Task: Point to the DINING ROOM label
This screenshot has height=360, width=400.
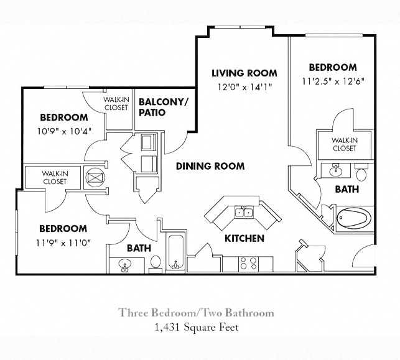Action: pyautogui.click(x=210, y=166)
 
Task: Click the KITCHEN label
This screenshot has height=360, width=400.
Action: pyautogui.click(x=244, y=238)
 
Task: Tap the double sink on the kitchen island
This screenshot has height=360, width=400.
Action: pyautogui.click(x=243, y=213)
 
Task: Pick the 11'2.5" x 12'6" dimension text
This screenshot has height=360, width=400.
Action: pyautogui.click(x=333, y=81)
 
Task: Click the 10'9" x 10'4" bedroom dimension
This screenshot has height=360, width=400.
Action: pyautogui.click(x=64, y=131)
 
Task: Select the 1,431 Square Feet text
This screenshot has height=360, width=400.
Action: pyautogui.click(x=196, y=326)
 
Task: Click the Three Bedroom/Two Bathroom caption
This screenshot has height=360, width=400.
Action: pyautogui.click(x=196, y=313)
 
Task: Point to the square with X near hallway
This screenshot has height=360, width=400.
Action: pyautogui.click(x=93, y=178)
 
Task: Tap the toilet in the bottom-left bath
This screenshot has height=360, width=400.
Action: pyautogui.click(x=156, y=263)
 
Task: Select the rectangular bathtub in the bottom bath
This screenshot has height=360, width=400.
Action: pyautogui.click(x=175, y=252)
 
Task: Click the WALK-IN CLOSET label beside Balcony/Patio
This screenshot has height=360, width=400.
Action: pyautogui.click(x=116, y=103)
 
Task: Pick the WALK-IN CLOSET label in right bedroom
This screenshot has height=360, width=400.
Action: pyautogui.click(x=344, y=144)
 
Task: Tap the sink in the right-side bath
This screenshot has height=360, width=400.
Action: pyautogui.click(x=335, y=169)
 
